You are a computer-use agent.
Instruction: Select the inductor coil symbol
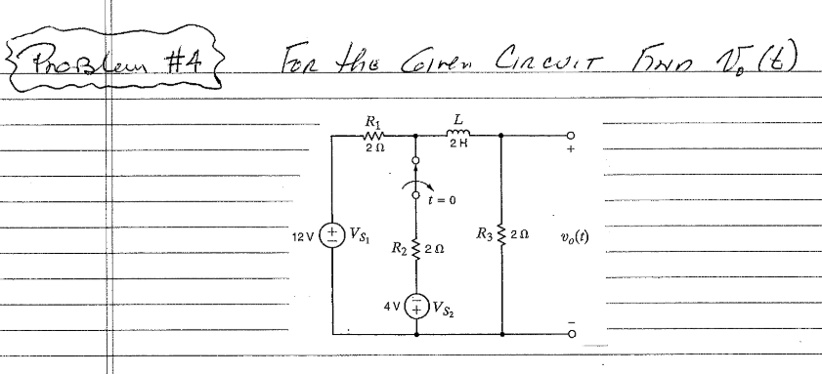[458, 136]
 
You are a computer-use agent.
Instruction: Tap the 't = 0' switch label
[443, 201]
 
